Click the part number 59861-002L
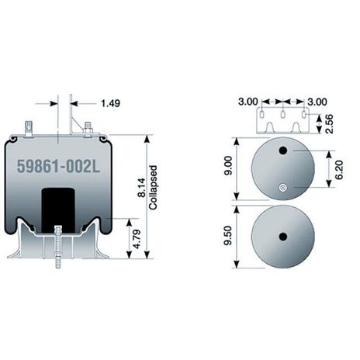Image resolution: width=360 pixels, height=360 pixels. click(58, 166)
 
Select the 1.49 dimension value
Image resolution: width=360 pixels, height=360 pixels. click(110, 103)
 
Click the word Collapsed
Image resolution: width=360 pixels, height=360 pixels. click(153, 188)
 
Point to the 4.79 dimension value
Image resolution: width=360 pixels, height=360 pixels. click(137, 239)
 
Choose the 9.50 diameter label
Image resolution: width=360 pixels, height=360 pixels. click(228, 236)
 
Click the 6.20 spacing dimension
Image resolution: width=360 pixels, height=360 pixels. click(339, 170)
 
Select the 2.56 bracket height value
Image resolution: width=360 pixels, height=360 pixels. click(329, 123)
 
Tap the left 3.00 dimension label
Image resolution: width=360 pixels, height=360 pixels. click(248, 102)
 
